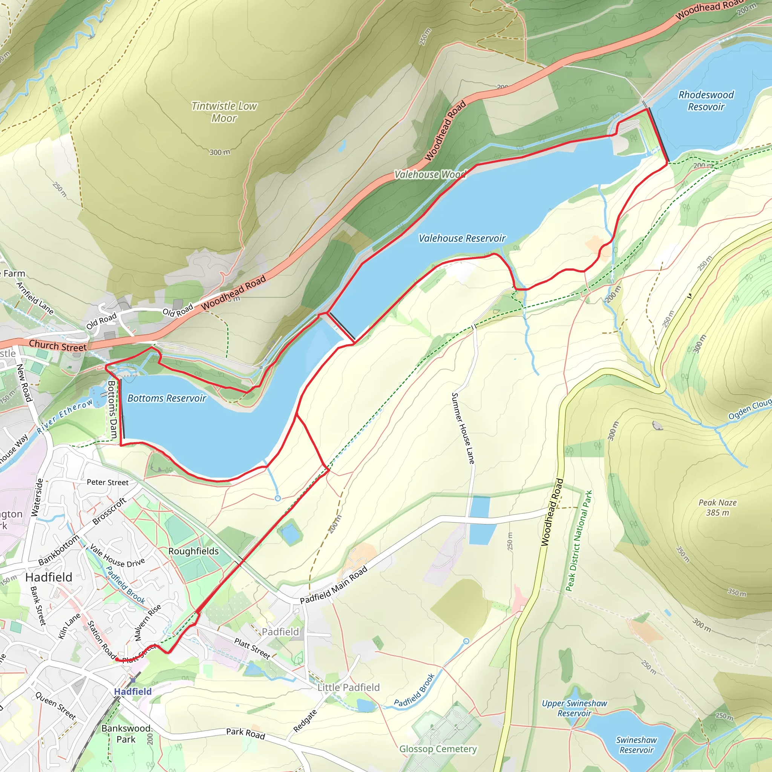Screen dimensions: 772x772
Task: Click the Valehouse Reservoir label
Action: (x=462, y=238)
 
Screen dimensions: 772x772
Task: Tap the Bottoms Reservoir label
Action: (x=167, y=398)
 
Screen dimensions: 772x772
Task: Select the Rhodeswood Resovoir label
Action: (x=706, y=101)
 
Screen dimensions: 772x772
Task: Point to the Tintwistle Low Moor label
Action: (x=224, y=112)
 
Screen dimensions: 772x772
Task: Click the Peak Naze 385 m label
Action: (x=717, y=507)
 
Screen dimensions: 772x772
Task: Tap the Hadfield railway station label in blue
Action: (x=133, y=691)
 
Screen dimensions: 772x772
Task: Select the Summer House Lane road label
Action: (x=463, y=428)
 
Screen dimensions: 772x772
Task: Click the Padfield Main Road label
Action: (x=334, y=585)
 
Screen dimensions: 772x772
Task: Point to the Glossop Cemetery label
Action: (x=438, y=749)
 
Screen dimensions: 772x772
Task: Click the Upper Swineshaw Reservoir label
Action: (x=574, y=708)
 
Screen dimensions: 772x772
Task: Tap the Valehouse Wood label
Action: (x=430, y=174)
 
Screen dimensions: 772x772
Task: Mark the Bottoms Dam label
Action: (x=113, y=410)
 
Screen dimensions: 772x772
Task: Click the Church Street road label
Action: (x=58, y=346)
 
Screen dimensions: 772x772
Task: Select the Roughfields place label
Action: (x=193, y=551)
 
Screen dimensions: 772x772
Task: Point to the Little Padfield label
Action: (x=348, y=687)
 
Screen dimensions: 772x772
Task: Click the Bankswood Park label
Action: (x=126, y=734)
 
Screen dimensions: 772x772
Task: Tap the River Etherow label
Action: (x=64, y=417)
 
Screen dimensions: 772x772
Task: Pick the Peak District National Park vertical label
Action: (x=579, y=541)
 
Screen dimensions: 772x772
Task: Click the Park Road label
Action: (x=245, y=733)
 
